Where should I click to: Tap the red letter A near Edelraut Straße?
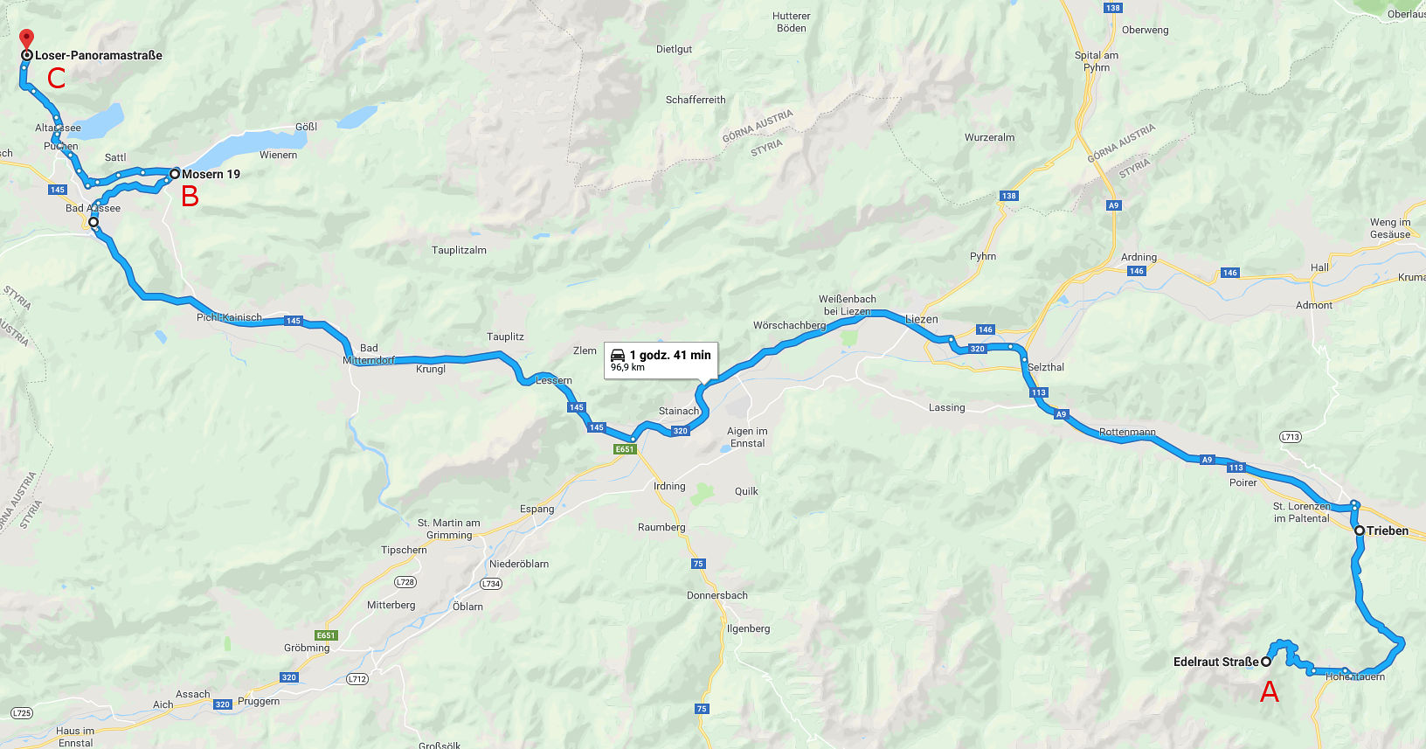coord(1269,692)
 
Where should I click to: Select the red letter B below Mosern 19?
coord(190,197)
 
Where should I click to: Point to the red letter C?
coord(56,79)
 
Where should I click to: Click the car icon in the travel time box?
coord(617,355)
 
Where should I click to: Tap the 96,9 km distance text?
coord(627,368)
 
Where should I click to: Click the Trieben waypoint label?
coord(1388,531)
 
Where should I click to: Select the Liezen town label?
coord(921,319)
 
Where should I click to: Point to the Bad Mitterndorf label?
coord(369,354)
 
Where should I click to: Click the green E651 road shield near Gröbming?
coord(326,635)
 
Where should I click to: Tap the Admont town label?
coord(1313,305)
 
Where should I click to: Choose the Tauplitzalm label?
coord(459,250)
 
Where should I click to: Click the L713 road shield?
coord(1290,436)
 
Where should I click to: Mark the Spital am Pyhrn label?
coord(1096,61)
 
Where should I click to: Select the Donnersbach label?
coord(716,595)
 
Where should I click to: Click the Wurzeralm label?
coord(989,137)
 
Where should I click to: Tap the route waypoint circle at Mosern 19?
coord(175,174)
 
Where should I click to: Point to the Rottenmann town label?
coord(1126,432)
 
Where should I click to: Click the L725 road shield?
coord(22,713)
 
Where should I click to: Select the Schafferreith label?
coord(696,100)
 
